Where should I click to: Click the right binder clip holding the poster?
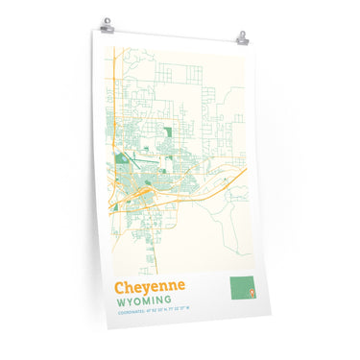click(241, 38)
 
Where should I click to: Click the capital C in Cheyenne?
click(121, 287)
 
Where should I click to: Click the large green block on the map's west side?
click(121, 159)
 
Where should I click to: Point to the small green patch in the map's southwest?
click(116, 204)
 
